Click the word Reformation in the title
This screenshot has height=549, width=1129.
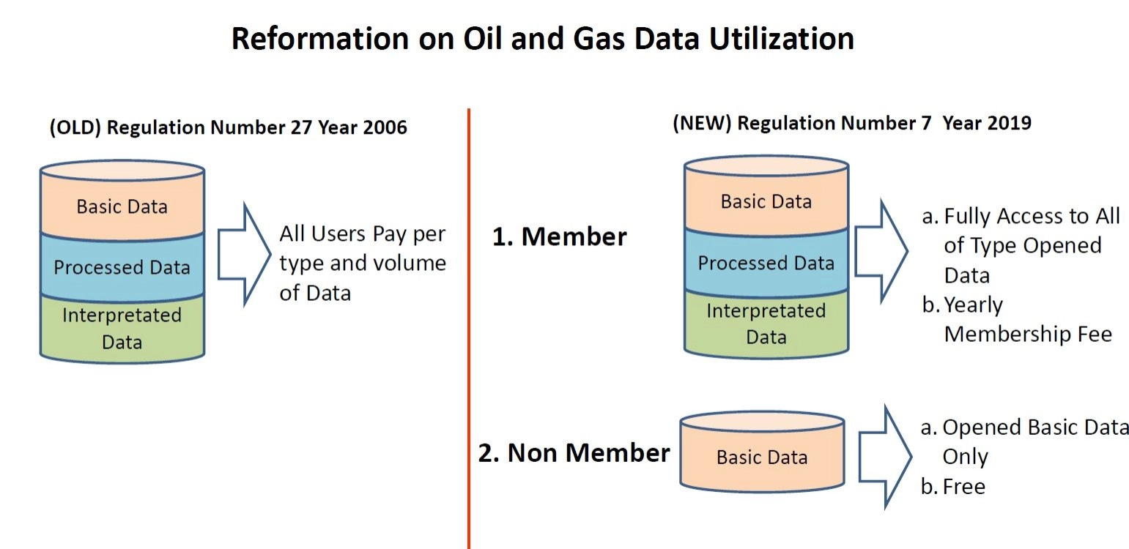coord(319,38)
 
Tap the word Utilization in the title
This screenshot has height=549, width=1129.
coord(782,38)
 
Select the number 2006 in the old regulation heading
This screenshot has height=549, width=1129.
coord(385,127)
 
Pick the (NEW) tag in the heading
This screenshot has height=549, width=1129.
coord(702,124)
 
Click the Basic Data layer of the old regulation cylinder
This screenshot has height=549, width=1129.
coord(122,206)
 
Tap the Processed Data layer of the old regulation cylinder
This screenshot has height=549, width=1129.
coord(122,267)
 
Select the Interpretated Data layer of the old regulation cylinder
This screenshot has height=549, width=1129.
coord(122,329)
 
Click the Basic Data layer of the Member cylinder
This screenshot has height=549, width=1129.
coord(766,201)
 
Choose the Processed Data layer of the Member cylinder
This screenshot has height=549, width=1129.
coord(766,262)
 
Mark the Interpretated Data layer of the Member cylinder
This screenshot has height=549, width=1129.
coord(766,324)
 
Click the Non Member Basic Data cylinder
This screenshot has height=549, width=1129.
coord(762,452)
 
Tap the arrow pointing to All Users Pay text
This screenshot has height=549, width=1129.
coord(245,254)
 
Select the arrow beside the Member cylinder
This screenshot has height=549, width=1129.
coord(881,251)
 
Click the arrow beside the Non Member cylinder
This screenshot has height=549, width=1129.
coord(886,456)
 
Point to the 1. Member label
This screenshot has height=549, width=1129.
coord(560,236)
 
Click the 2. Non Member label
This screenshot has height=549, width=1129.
coord(574,452)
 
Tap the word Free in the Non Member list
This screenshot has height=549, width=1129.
coord(963,487)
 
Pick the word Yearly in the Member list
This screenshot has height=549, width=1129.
coord(973,305)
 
